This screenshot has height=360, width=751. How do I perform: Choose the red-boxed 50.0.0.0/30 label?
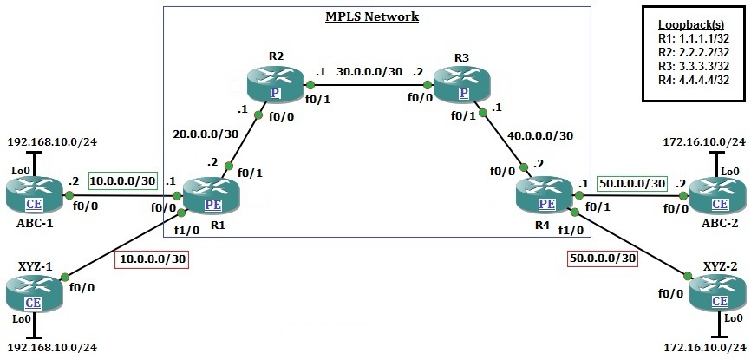(x=603, y=259)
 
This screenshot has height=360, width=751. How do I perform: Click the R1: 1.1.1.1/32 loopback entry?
(x=693, y=39)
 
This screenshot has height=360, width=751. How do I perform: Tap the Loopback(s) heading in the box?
(x=693, y=25)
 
